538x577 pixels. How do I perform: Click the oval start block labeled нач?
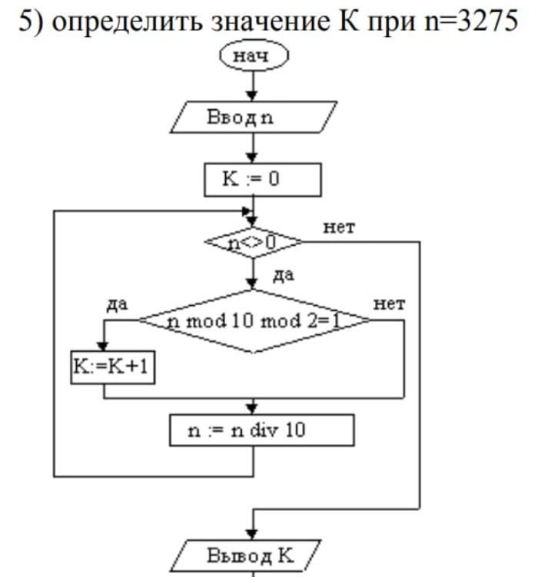(254, 57)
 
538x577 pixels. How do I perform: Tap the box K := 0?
(262, 180)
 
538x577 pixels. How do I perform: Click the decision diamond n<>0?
(253, 243)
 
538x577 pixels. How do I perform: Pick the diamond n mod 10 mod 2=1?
(254, 320)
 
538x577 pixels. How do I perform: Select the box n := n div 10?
(261, 430)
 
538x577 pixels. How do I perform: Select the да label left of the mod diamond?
(117, 305)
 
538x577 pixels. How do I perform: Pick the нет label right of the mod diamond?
(389, 304)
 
